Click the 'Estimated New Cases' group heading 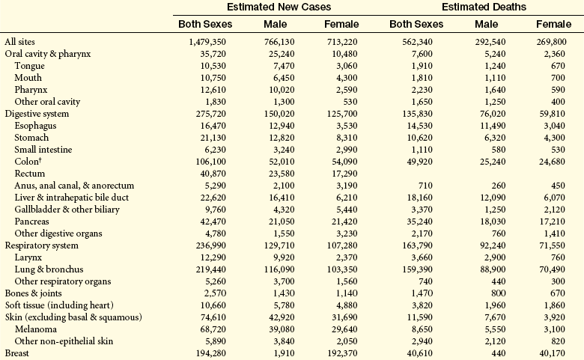tap(279, 7)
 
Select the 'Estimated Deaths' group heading tap(484, 7)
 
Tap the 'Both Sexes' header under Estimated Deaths tap(416, 24)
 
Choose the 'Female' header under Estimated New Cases tap(341, 24)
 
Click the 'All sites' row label tap(19, 42)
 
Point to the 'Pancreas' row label tap(31, 222)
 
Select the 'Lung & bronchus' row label tap(49, 269)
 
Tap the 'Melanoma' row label tap(36, 329)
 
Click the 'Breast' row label tap(16, 353)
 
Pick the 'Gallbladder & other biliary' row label tap(67, 210)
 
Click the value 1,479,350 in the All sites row tap(207, 42)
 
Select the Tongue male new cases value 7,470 tap(282, 66)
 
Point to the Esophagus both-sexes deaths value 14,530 tap(420, 126)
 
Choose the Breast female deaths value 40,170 tap(552, 353)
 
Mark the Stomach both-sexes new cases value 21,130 tap(213, 138)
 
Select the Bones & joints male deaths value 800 tap(499, 293)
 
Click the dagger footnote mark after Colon tap(40, 159)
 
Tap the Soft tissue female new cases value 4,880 tap(347, 305)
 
